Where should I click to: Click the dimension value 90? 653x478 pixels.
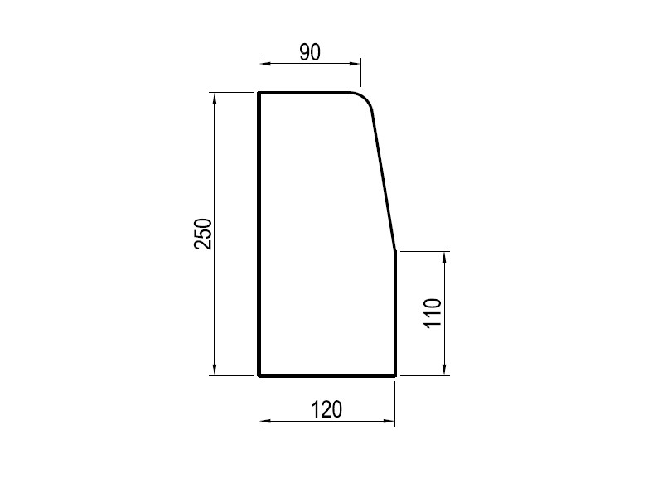(310, 52)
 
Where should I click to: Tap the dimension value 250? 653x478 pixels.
(203, 234)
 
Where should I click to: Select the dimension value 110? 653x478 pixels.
(433, 313)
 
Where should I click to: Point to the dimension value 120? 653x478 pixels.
(327, 409)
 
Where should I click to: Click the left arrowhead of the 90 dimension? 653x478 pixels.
(265, 64)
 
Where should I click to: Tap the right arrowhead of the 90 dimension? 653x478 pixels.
(355, 64)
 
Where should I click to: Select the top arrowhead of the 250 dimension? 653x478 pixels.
(215, 99)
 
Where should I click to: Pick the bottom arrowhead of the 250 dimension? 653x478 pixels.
(215, 369)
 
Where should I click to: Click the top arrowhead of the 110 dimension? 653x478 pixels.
(445, 258)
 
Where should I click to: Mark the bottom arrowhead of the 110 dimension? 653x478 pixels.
(445, 369)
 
